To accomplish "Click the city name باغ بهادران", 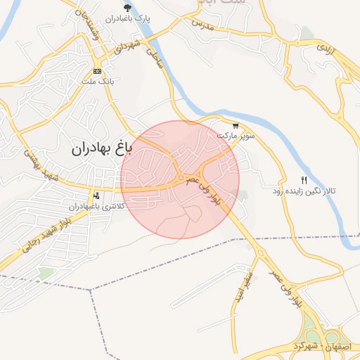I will (101, 149).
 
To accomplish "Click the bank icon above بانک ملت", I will (96, 71).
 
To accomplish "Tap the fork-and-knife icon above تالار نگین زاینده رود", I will (304, 180).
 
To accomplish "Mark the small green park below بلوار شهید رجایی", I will (46, 272).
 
